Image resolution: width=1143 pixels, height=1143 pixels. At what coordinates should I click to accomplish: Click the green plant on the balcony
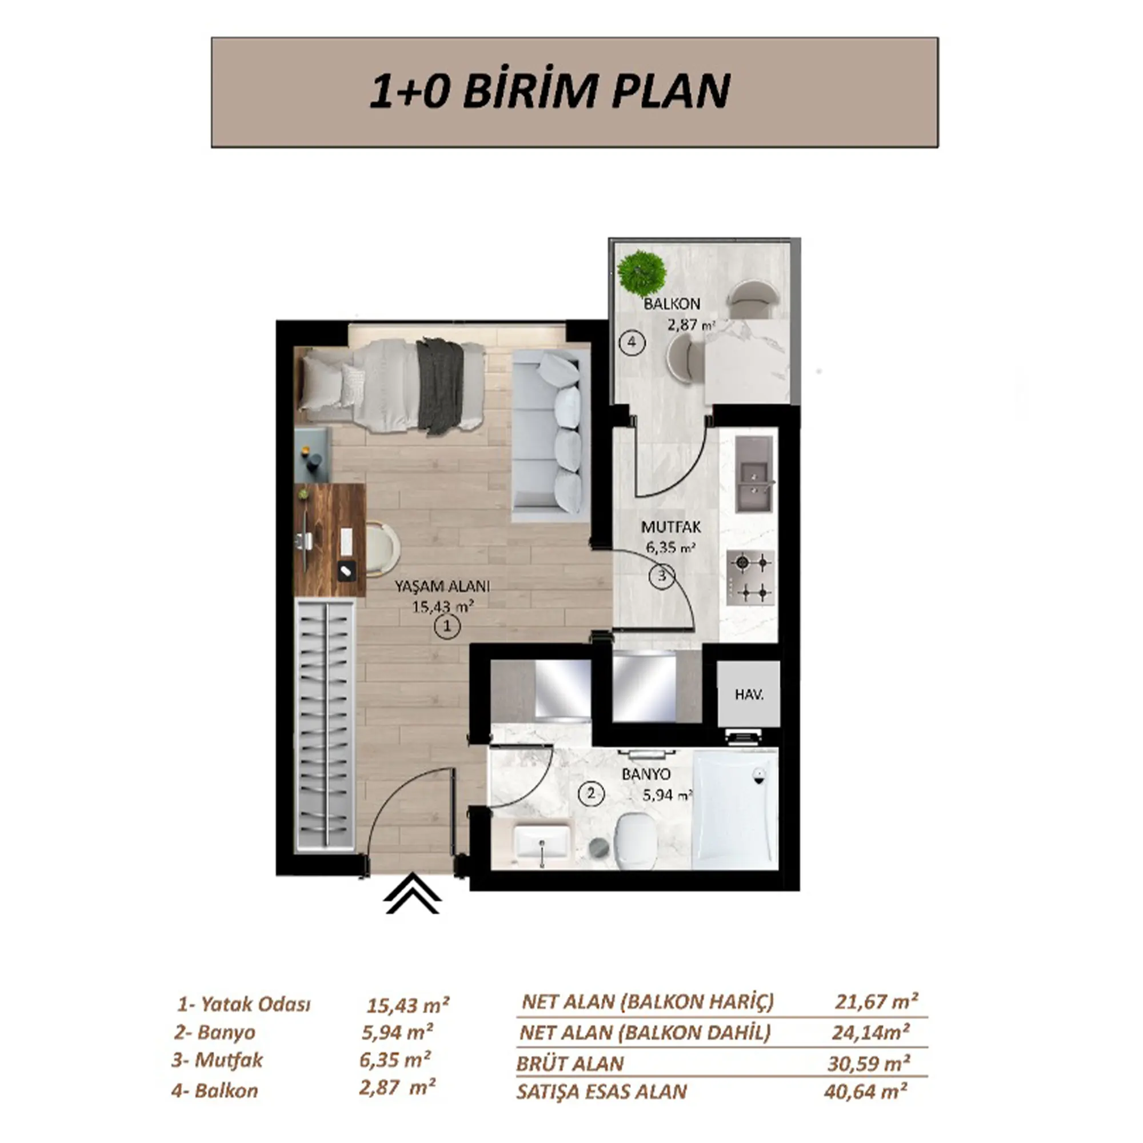[x=641, y=273]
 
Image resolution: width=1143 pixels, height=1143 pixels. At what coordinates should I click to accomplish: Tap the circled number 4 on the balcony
[x=632, y=342]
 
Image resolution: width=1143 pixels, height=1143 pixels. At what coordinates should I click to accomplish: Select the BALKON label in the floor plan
[x=672, y=304]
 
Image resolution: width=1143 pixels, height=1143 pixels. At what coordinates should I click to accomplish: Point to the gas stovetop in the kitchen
[x=750, y=578]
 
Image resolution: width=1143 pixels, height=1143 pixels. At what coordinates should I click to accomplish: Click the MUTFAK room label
[x=671, y=526]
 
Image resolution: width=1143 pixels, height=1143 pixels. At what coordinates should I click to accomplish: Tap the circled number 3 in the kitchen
[x=661, y=575]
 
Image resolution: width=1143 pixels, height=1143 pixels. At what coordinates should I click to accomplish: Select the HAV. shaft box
[x=749, y=694]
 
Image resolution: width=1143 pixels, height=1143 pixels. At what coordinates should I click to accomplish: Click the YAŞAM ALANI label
[x=442, y=586]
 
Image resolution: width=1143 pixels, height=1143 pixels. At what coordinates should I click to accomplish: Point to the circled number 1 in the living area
[x=447, y=626]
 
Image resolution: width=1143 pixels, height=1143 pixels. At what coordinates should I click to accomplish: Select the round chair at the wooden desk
[x=382, y=547]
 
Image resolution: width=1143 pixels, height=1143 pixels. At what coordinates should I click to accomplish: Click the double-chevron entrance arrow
[x=413, y=895]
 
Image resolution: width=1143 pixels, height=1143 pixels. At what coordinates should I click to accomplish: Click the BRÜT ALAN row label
[x=570, y=1064]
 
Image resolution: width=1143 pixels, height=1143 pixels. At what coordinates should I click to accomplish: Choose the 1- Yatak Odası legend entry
[x=244, y=1005]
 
